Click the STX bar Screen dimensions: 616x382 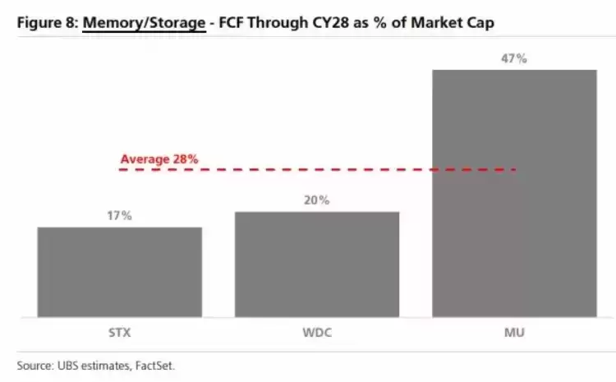point(120,272)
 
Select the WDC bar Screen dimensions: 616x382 point(317,264)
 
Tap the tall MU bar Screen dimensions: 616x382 point(515,193)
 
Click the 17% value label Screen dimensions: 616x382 point(119,215)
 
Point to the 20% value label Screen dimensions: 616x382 point(317,200)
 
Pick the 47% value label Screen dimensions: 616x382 point(514,58)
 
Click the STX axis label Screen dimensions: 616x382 point(119,333)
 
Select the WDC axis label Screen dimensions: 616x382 point(317,333)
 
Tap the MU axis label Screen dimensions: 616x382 point(514,333)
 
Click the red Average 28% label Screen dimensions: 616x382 point(159,159)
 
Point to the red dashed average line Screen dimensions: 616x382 point(317,170)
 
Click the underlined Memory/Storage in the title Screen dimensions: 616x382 point(145,23)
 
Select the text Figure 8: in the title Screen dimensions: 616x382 point(48,23)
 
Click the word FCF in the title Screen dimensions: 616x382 point(231,22)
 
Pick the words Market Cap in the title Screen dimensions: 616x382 point(453,23)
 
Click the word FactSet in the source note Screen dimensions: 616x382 point(154,366)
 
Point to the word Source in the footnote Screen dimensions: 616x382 point(34,366)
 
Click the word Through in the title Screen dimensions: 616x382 point(278,23)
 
